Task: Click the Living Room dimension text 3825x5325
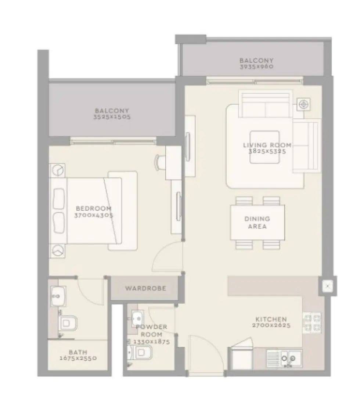267,151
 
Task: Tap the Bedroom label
94,208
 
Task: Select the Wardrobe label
145,288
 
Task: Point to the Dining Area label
257,223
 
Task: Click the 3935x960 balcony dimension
257,67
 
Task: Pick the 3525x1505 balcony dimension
112,117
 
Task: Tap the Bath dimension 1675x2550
78,358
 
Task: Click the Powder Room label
151,331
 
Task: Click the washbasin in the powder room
137,317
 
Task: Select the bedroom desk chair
161,162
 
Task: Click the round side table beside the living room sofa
303,104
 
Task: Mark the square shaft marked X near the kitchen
328,285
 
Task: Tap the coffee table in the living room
264,147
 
